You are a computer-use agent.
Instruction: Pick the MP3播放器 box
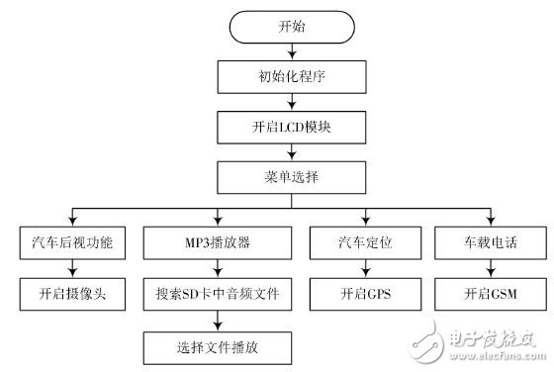(x=218, y=242)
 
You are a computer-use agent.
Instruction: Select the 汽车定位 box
(x=365, y=242)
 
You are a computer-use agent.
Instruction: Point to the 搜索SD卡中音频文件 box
(x=218, y=295)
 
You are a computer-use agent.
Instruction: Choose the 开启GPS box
(x=365, y=295)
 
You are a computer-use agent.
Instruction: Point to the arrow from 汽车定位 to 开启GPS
(x=365, y=269)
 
